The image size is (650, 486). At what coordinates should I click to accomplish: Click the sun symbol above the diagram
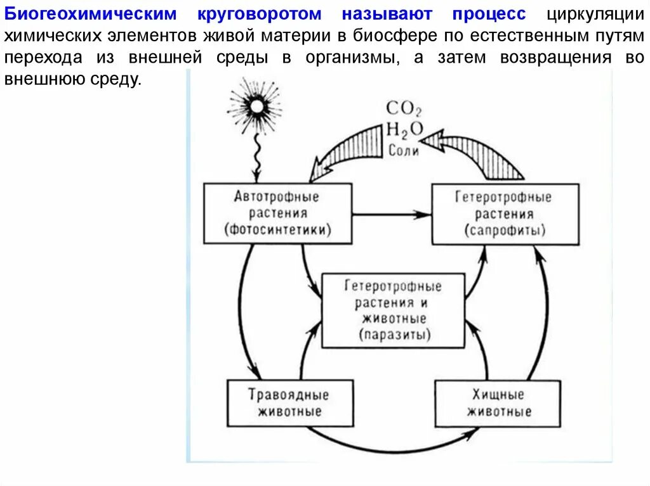pos(256,106)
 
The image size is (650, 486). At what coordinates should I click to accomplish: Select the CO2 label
pos(404,108)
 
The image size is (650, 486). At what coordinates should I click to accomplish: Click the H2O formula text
pos(404,129)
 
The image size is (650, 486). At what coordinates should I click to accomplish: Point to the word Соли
pos(404,151)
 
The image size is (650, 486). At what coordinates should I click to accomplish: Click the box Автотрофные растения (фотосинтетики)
pos(277,214)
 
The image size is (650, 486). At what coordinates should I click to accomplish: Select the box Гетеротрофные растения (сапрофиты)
pos(505,214)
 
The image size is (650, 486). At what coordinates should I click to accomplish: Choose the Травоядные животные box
pos(289,403)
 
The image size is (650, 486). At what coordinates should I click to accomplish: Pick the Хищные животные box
pos(498,403)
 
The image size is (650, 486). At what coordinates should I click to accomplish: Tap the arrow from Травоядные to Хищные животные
pos(394,443)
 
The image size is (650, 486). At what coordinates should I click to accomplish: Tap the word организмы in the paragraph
pos(352,58)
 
